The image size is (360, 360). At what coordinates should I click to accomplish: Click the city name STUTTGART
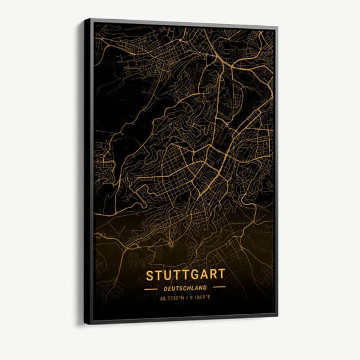(185, 275)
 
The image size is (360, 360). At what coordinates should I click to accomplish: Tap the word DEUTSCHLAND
(185, 287)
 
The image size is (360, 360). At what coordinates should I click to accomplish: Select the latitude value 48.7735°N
(172, 297)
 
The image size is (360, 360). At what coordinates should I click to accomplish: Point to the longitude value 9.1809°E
(201, 297)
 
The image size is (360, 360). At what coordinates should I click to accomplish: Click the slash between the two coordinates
(187, 297)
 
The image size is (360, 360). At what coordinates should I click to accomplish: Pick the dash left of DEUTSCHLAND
(151, 288)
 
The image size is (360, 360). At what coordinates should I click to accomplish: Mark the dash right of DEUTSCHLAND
(220, 287)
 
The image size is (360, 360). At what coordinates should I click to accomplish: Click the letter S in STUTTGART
(149, 275)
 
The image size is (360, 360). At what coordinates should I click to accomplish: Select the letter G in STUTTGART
(194, 275)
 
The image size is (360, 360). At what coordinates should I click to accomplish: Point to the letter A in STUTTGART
(203, 275)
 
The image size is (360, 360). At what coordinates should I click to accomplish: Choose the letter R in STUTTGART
(212, 274)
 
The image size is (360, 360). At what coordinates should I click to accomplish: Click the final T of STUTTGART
(221, 274)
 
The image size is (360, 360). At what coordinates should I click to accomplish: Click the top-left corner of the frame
(85, 19)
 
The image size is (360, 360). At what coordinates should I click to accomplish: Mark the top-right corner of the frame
(277, 27)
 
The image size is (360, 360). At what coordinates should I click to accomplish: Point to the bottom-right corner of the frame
(277, 313)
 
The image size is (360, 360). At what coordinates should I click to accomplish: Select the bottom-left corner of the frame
(85, 324)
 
